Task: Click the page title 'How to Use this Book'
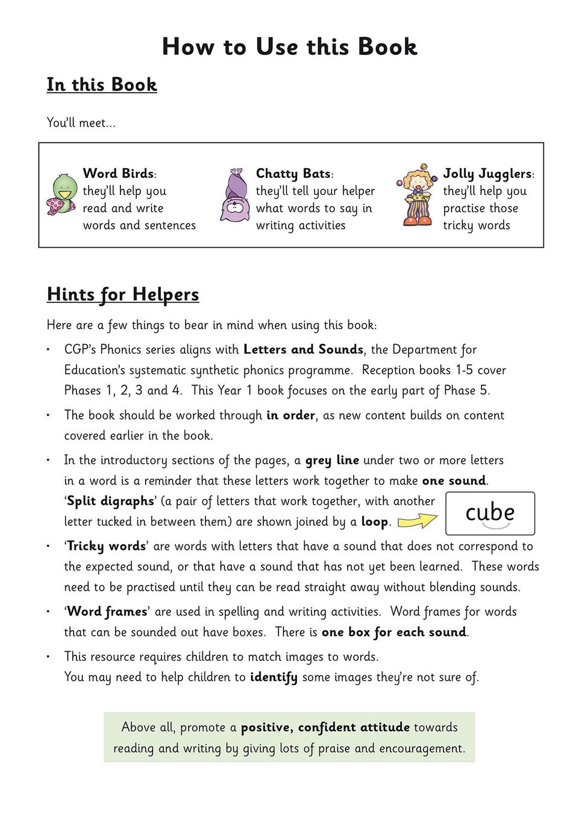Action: (289, 47)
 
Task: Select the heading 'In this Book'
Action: (102, 84)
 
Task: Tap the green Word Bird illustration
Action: (61, 194)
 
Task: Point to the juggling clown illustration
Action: (416, 195)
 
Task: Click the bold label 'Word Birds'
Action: (118, 174)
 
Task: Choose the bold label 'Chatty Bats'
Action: (293, 174)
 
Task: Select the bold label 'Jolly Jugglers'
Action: (487, 174)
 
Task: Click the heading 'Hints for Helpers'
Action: (123, 294)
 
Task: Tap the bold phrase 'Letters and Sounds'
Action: (303, 350)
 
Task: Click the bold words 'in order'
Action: (290, 415)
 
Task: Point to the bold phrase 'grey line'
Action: (332, 461)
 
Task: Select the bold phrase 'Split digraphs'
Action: (110, 502)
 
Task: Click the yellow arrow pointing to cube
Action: (418, 520)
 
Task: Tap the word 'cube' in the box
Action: (490, 512)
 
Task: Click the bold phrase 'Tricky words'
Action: (106, 546)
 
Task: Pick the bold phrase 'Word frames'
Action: (107, 612)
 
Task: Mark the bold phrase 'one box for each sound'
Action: (394, 632)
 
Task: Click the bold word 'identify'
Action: (274, 677)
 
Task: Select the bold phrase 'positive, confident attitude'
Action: (325, 728)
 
